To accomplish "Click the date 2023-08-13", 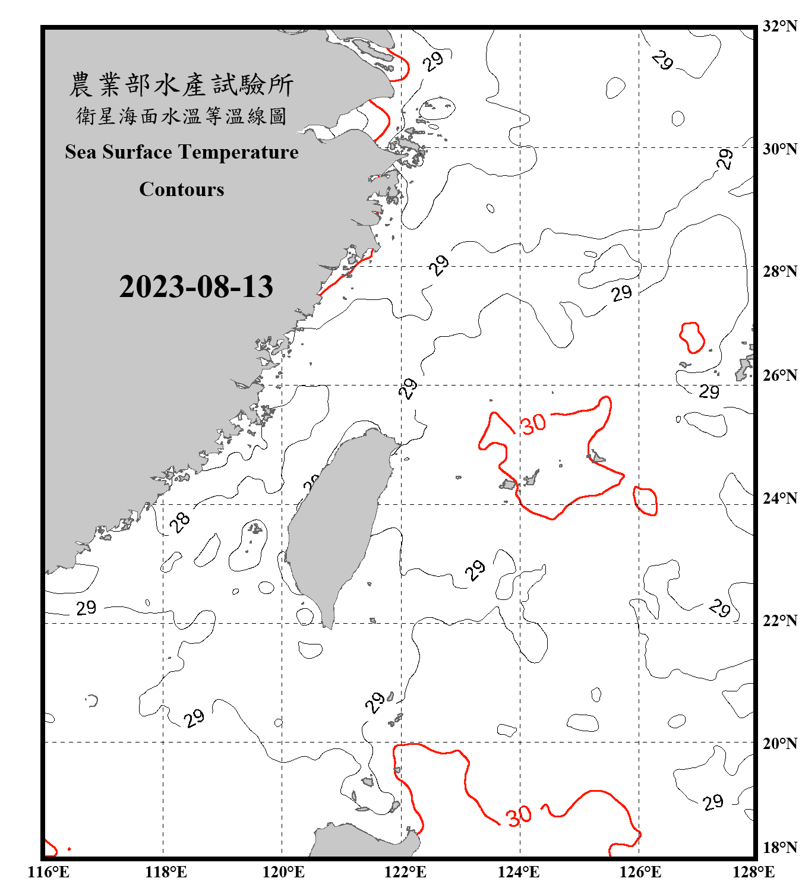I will [x=196, y=286].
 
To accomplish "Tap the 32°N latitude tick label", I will [x=779, y=26].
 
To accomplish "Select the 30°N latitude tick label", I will [x=779, y=148].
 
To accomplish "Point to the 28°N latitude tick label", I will [x=779, y=271].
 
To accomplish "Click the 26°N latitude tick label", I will [x=779, y=375].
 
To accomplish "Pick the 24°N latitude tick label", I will [x=779, y=498].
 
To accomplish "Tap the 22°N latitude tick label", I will [x=779, y=621].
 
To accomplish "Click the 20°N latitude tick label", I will [x=779, y=743].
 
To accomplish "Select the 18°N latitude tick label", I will [x=779, y=847].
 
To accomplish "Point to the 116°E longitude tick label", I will [x=48, y=872].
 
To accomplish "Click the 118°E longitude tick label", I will [x=166, y=872].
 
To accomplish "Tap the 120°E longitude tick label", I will [x=283, y=872].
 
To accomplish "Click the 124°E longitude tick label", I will [x=519, y=872].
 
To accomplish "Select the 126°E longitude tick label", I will [x=640, y=872].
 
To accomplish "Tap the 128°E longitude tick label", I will [x=753, y=872].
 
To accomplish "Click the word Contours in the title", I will [x=181, y=189].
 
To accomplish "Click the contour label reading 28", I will [x=180, y=522].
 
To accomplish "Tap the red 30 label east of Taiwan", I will [x=533, y=424].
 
